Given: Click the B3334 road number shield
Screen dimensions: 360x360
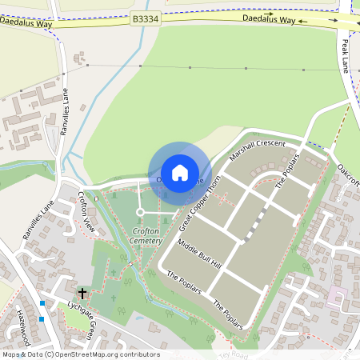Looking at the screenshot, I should point(146,19).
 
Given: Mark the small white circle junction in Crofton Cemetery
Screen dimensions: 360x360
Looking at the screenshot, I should point(140,212).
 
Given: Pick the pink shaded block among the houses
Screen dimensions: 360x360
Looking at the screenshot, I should point(337,298).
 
